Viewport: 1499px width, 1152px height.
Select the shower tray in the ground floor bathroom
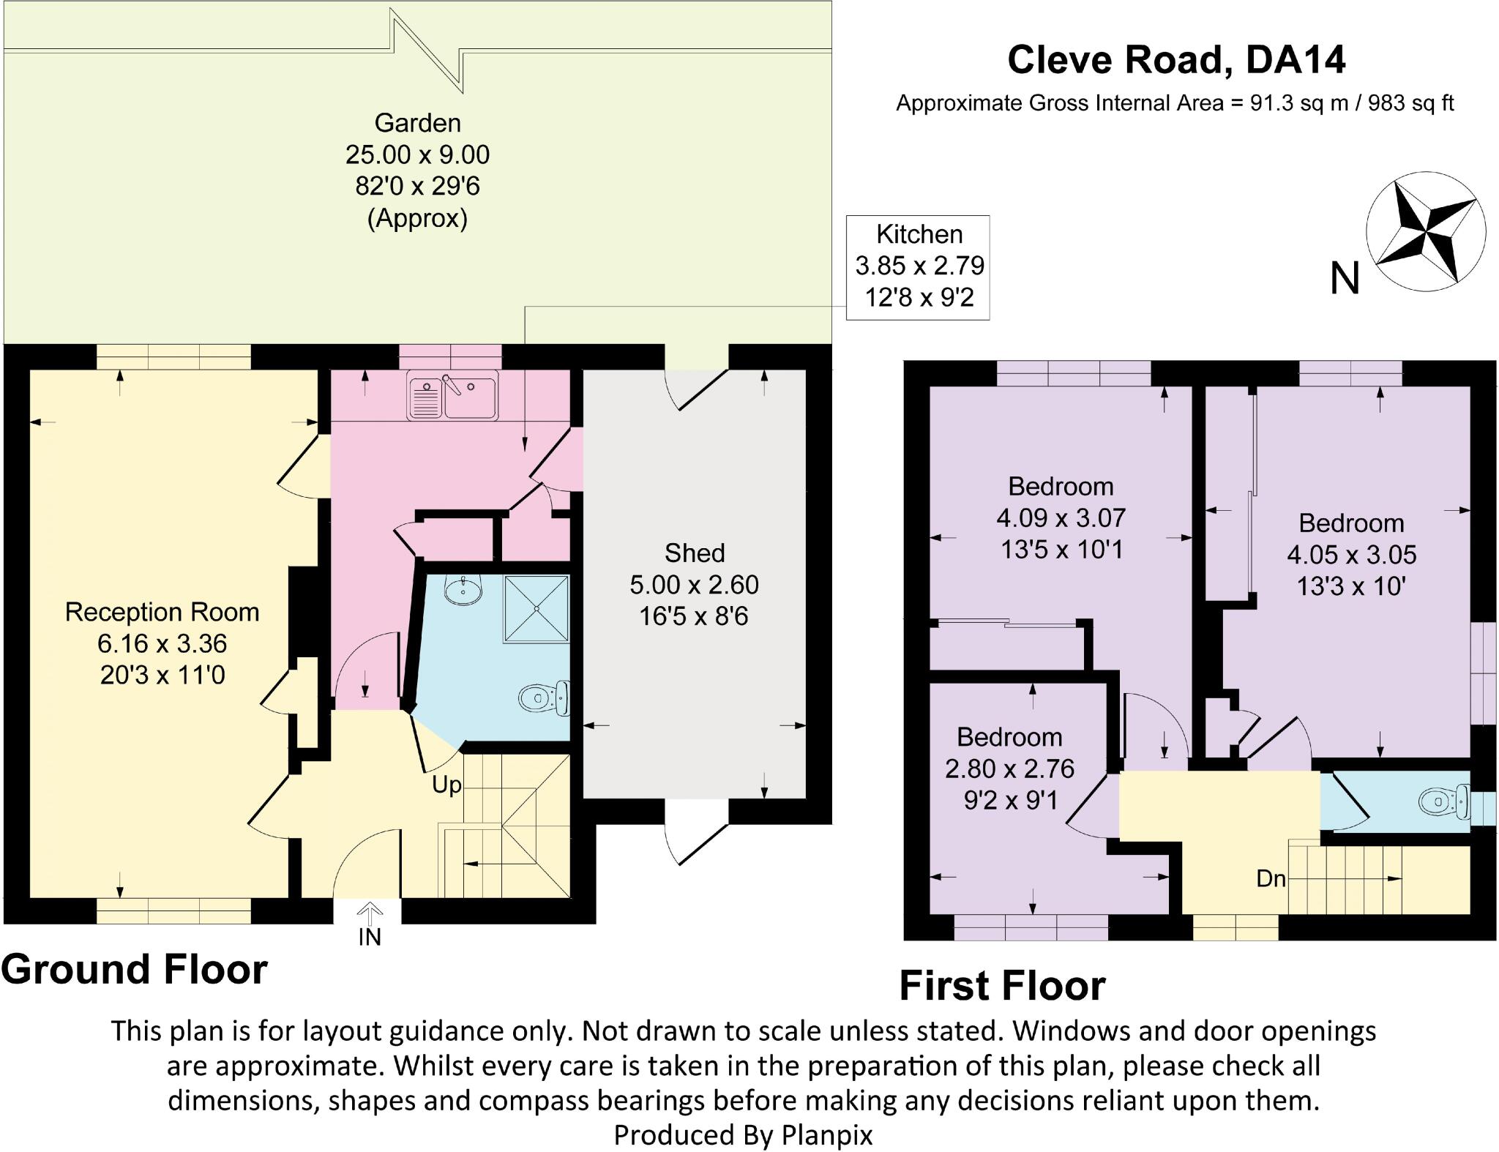[x=536, y=608]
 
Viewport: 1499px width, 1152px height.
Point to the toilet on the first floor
[x=1445, y=803]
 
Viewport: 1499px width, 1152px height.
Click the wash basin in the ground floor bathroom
[x=463, y=589]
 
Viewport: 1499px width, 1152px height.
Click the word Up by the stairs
[x=446, y=785]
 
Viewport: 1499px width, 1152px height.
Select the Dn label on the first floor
[x=1271, y=878]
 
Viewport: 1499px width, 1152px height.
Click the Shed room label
[x=695, y=553]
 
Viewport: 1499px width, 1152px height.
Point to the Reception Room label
[x=162, y=612]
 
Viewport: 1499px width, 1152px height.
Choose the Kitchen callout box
[x=919, y=266]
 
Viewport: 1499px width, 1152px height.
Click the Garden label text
[x=417, y=123]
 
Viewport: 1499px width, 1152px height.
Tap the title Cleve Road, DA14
[x=1176, y=59]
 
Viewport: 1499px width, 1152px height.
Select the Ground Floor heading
[x=135, y=969]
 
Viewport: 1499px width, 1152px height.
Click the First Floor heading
[x=1002, y=985]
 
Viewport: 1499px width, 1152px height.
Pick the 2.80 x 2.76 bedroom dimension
[x=1009, y=768]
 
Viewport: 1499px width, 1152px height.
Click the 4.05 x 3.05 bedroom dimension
[x=1351, y=555]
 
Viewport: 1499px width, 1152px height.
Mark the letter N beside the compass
[x=1345, y=279]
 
